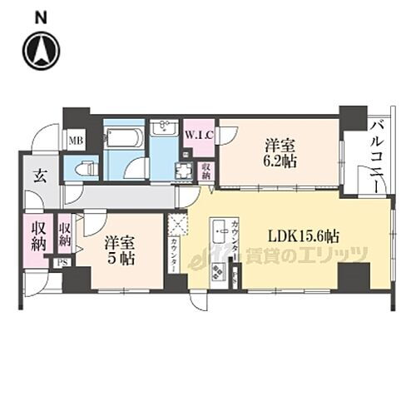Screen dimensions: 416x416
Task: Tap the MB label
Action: (x=74, y=140)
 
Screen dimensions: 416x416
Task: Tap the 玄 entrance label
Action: (x=40, y=176)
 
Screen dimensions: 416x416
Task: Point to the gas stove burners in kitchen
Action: (x=219, y=270)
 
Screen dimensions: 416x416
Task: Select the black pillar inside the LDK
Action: (x=353, y=276)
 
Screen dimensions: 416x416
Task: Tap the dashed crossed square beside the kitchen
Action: (x=178, y=226)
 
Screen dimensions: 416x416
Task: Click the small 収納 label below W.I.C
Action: (x=206, y=171)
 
